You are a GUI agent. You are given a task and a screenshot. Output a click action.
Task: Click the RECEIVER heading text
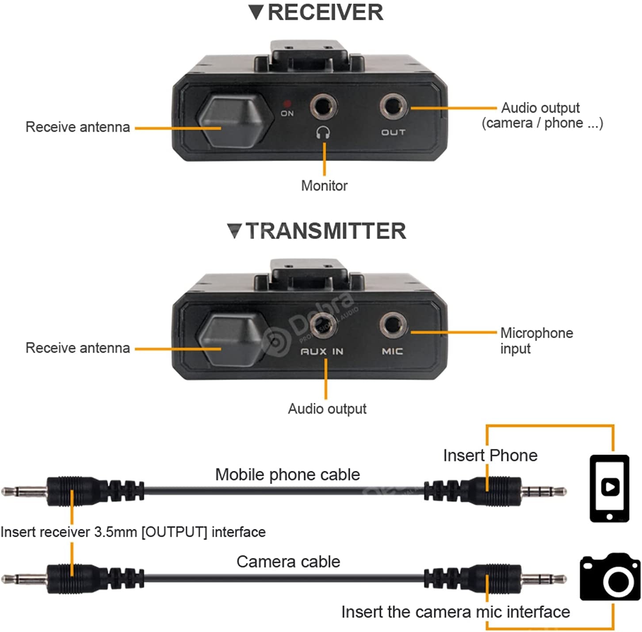325,12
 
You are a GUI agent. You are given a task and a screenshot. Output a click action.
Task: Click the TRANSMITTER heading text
325,231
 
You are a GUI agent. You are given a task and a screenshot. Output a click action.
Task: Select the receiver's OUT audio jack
393,107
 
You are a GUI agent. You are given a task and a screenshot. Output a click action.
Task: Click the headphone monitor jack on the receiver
323,107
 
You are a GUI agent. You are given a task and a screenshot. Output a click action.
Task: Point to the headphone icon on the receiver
324,132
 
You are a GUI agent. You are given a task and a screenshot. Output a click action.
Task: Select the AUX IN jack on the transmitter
323,325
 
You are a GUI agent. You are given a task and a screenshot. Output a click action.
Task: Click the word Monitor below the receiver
324,186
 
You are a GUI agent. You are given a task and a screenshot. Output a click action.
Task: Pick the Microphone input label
536,340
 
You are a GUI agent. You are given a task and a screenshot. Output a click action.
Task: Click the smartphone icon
609,488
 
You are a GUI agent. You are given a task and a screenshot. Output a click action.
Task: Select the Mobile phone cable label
287,474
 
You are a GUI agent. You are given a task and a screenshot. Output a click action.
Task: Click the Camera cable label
288,562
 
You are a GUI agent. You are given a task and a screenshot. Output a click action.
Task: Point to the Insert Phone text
490,455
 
